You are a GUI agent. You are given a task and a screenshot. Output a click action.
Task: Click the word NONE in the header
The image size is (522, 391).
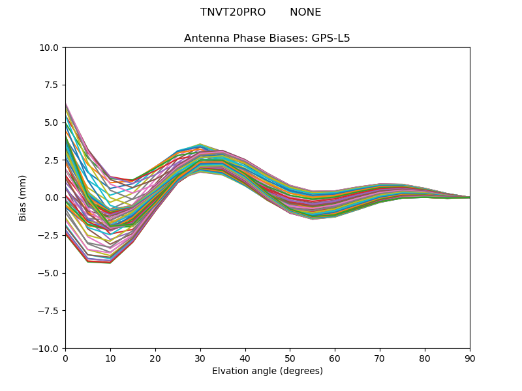pyautogui.click(x=305, y=12)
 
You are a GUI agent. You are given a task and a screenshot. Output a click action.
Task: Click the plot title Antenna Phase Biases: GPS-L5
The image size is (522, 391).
pyautogui.click(x=267, y=38)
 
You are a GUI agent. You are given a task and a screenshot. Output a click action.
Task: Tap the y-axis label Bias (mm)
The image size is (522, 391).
pyautogui.click(x=23, y=197)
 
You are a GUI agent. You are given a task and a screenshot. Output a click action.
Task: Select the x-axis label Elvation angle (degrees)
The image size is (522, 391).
pyautogui.click(x=267, y=371)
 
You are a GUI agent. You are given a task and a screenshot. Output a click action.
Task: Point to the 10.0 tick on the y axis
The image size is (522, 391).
pyautogui.click(x=50, y=48)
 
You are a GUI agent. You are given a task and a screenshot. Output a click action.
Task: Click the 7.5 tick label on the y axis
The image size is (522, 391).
pyautogui.click(x=52, y=85)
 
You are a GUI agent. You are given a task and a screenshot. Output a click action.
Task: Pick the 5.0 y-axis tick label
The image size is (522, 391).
pyautogui.click(x=52, y=123)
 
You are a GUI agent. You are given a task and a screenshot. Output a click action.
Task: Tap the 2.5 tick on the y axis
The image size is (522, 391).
pyautogui.click(x=52, y=160)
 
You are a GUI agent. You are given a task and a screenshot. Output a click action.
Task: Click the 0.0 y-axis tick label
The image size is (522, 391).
pyautogui.click(x=52, y=197)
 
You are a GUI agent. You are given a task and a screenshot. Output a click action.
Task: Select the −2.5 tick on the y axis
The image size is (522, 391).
pyautogui.click(x=50, y=235)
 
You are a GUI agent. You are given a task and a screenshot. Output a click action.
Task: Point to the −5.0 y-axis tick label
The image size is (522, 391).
pyautogui.click(x=50, y=273)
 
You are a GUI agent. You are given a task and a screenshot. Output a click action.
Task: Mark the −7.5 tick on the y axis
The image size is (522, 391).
pyautogui.click(x=50, y=311)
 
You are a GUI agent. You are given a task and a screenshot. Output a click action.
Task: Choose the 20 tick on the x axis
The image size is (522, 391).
pyautogui.click(x=155, y=358)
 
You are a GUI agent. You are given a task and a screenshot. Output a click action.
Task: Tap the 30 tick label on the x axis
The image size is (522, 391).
pyautogui.click(x=200, y=358)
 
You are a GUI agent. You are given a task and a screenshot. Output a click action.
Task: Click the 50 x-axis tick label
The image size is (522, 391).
pyautogui.click(x=290, y=358)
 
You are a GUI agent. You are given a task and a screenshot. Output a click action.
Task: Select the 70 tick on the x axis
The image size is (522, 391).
pyautogui.click(x=380, y=358)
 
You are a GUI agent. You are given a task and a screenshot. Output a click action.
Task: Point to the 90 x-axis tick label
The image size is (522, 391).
pyautogui.click(x=470, y=358)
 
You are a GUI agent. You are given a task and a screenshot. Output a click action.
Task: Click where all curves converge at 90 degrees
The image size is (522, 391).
pyautogui.click(x=469, y=197)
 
